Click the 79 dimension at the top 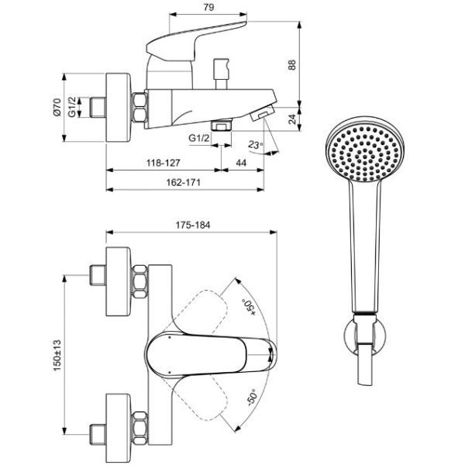(x=208, y=7)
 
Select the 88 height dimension (x=292, y=64)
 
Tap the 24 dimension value (x=292, y=119)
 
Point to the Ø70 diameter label (x=57, y=108)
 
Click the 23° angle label (x=256, y=145)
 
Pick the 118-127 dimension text (x=163, y=163)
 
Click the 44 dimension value (x=241, y=163)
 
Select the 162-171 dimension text (x=183, y=182)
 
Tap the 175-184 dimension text (x=193, y=225)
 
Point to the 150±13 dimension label (x=57, y=355)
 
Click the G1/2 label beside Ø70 (x=72, y=107)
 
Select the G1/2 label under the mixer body (x=199, y=138)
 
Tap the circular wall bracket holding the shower (x=365, y=335)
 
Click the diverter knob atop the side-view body (x=221, y=74)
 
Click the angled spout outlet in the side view (x=263, y=112)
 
